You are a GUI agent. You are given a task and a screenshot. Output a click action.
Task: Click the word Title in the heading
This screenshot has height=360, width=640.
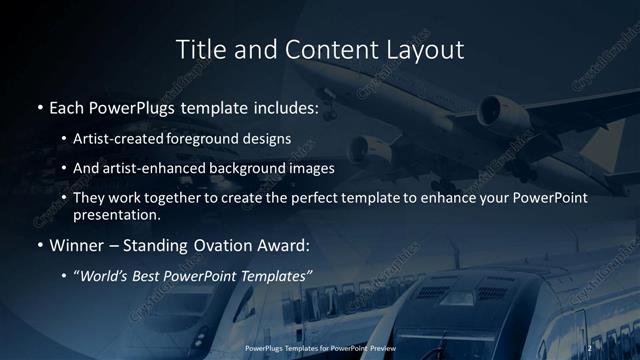click(200, 49)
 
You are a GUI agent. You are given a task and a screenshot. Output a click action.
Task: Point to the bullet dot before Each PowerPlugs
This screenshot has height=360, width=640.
click(38, 105)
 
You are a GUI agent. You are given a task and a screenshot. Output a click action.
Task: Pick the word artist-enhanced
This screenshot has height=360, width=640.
click(159, 169)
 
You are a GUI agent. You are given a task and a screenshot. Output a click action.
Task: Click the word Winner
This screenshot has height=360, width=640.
click(77, 245)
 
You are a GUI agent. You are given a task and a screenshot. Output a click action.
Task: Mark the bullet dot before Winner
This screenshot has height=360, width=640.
click(38, 245)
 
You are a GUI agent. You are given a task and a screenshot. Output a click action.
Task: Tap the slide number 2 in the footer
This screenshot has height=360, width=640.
click(590, 347)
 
